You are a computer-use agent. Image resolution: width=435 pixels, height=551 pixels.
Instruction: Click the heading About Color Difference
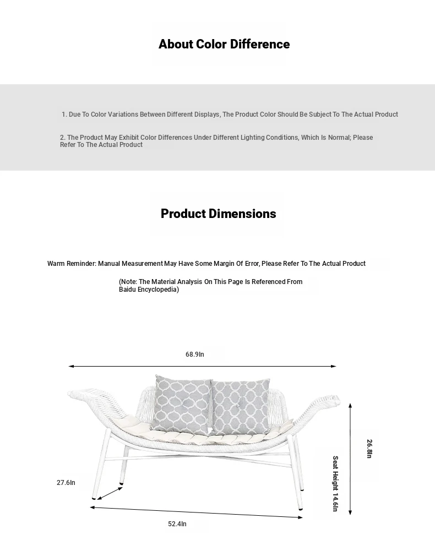pyautogui.click(x=224, y=45)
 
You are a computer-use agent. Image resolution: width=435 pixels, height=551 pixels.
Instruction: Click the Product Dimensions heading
pyautogui.click(x=218, y=214)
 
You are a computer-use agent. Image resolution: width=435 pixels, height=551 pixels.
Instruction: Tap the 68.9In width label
pyautogui.click(x=194, y=354)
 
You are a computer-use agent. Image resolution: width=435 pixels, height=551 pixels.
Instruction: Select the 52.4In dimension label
pyautogui.click(x=177, y=524)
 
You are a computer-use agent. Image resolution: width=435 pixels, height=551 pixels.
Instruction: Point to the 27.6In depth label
pyautogui.click(x=66, y=483)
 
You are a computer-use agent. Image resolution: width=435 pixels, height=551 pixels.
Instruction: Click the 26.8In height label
pyautogui.click(x=369, y=449)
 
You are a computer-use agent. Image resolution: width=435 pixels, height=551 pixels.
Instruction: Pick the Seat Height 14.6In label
pyautogui.click(x=335, y=484)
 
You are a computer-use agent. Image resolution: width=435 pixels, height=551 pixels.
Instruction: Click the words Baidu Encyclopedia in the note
pyautogui.click(x=148, y=290)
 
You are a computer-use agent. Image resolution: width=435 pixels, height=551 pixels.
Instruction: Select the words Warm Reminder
pyautogui.click(x=71, y=264)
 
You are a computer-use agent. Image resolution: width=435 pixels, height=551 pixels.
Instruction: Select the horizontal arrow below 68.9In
pyautogui.click(x=202, y=366)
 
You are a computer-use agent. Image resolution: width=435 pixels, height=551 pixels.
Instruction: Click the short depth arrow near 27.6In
pyautogui.click(x=109, y=493)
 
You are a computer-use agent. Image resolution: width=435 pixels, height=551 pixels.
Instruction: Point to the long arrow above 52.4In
pyautogui.click(x=196, y=512)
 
